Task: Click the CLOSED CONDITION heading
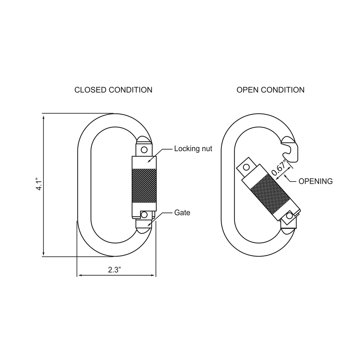113,90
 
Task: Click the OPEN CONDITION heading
270,90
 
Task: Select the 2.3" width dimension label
114,269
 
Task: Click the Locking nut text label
193,148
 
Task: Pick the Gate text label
182,213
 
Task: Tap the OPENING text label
316,181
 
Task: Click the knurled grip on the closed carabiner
144,185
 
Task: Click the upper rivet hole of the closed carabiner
144,149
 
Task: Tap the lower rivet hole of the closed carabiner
144,215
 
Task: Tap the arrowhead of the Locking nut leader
148,162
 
